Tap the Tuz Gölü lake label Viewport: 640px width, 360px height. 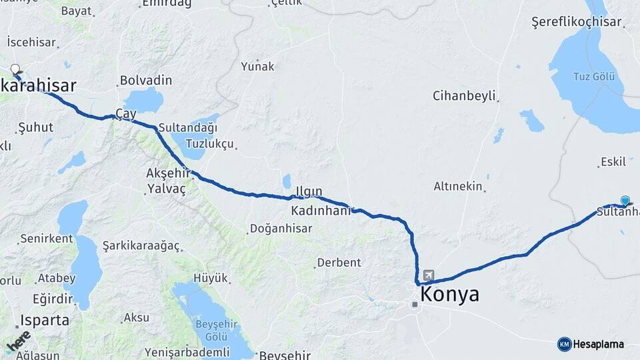click(593, 76)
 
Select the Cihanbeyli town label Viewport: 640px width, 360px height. click(464, 95)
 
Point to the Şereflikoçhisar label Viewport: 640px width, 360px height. click(576, 22)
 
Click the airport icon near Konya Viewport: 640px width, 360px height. click(427, 275)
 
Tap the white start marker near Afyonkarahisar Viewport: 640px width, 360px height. click(15, 69)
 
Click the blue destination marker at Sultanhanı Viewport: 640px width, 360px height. click(625, 201)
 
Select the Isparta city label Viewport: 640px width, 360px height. click(45, 320)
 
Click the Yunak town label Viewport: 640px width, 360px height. click(258, 66)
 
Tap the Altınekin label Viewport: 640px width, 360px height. click(457, 187)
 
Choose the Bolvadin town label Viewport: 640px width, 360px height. click(145, 81)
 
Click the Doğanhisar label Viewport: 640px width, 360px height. click(281, 229)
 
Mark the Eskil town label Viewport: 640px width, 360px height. click(613, 161)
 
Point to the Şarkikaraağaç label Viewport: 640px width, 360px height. click(141, 245)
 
